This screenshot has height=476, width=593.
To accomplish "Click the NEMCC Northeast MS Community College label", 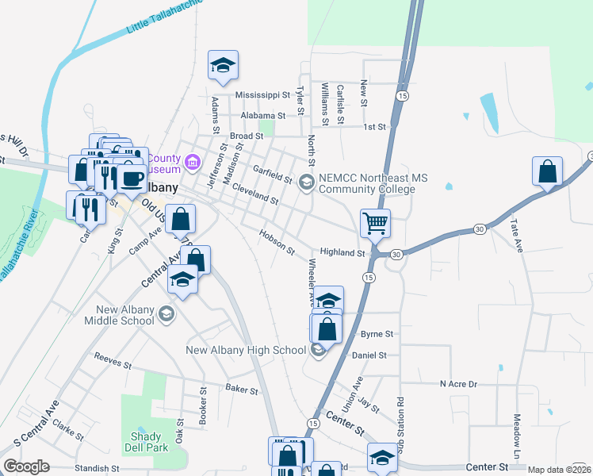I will tap(368, 184).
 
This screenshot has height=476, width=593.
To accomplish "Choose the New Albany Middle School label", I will tap(124, 315).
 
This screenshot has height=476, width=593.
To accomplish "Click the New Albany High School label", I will tap(246, 350).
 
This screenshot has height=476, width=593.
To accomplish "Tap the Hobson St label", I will tap(277, 242).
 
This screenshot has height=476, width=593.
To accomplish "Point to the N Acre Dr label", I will tap(460, 384).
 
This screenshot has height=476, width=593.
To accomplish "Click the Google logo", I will tap(26, 466).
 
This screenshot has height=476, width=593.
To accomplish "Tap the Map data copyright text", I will tap(558, 470).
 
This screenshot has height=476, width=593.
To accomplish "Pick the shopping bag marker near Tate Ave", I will tap(547, 171).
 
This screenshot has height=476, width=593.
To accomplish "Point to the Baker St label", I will tap(242, 390).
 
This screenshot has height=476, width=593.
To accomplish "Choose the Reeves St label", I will tap(112, 362).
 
